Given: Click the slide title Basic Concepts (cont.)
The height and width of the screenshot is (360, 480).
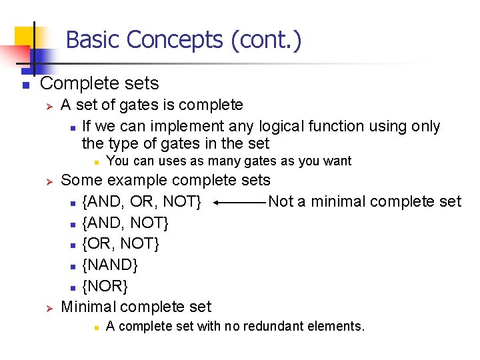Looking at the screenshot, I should pyautogui.click(x=183, y=40).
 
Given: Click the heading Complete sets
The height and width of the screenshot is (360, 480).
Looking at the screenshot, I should pyautogui.click(x=99, y=83).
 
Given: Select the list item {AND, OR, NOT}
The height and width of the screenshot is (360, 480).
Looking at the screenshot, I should pyautogui.click(x=141, y=201).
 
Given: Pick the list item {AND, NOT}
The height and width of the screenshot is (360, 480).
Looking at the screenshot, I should pyautogui.click(x=125, y=223).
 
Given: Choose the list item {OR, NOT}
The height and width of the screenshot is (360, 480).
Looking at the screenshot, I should pyautogui.click(x=121, y=243).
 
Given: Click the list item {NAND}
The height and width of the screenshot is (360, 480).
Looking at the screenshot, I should pyautogui.click(x=110, y=265).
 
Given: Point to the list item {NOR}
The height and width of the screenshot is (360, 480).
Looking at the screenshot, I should pyautogui.click(x=105, y=286).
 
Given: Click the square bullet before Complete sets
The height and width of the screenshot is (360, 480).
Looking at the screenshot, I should pyautogui.click(x=24, y=85).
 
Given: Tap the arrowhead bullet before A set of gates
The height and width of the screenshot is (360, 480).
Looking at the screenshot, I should pyautogui.click(x=47, y=105).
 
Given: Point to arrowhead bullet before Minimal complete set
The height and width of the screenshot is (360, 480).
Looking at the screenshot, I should pyautogui.click(x=47, y=307).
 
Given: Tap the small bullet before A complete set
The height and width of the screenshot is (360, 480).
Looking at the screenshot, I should pyautogui.click(x=96, y=327).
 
